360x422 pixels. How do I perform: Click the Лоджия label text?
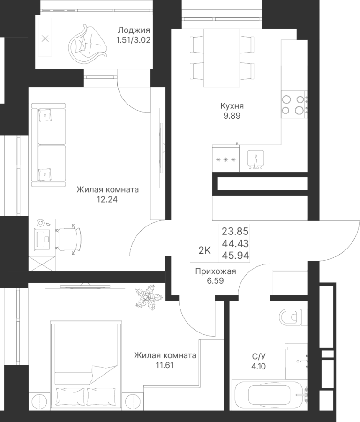pyautogui.click(x=134, y=30)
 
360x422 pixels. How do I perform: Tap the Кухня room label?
pyautogui.click(x=232, y=106)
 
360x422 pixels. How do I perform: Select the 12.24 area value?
pyautogui.click(x=107, y=199)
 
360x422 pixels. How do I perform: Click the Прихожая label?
pyautogui.click(x=216, y=271)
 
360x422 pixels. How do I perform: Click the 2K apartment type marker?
pyautogui.click(x=204, y=250)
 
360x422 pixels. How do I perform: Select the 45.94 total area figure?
pyautogui.click(x=235, y=256)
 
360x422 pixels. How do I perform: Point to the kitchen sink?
pyautogui.click(x=255, y=159)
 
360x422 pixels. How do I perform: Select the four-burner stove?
pyautogui.click(x=294, y=104)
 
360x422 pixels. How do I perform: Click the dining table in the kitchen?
pyautogui.click(x=222, y=58)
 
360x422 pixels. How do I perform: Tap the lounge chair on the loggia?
pyautogui.click(x=88, y=42)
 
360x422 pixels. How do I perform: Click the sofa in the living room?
pyautogui.click(x=48, y=145)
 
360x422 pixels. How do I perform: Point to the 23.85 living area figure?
pyautogui.click(x=235, y=231)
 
